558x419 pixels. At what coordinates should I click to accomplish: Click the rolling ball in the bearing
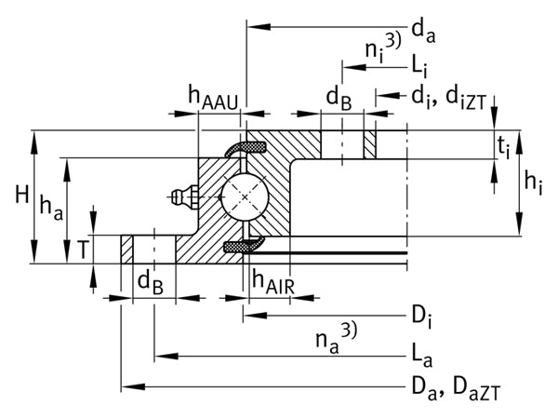coord(245,197)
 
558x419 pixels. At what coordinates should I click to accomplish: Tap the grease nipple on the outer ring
coord(185,196)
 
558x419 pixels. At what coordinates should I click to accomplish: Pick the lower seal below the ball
coord(244,246)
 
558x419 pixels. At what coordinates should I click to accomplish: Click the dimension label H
coord(22,196)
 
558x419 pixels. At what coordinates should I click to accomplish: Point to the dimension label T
coord(83,250)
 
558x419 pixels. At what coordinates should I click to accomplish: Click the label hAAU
coord(213,98)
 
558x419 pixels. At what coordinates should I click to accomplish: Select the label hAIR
coord(273,281)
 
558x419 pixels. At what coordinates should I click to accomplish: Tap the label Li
coord(419,67)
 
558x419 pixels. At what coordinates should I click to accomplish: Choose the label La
coord(421,357)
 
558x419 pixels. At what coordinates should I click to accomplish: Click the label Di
coord(421,317)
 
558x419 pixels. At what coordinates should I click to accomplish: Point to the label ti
coord(503,147)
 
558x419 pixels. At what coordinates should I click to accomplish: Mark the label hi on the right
coord(533,183)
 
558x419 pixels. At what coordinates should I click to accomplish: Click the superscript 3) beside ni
coord(393,40)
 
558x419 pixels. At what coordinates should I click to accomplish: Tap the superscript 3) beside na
coord(349,330)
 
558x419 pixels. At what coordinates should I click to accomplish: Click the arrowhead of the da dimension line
coord(259,27)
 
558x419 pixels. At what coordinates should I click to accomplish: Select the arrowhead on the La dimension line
coord(166,356)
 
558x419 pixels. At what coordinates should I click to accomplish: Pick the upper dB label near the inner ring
coord(339,99)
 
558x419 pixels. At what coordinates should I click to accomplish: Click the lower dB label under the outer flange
coord(150,283)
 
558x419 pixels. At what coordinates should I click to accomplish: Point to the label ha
coord(51,208)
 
